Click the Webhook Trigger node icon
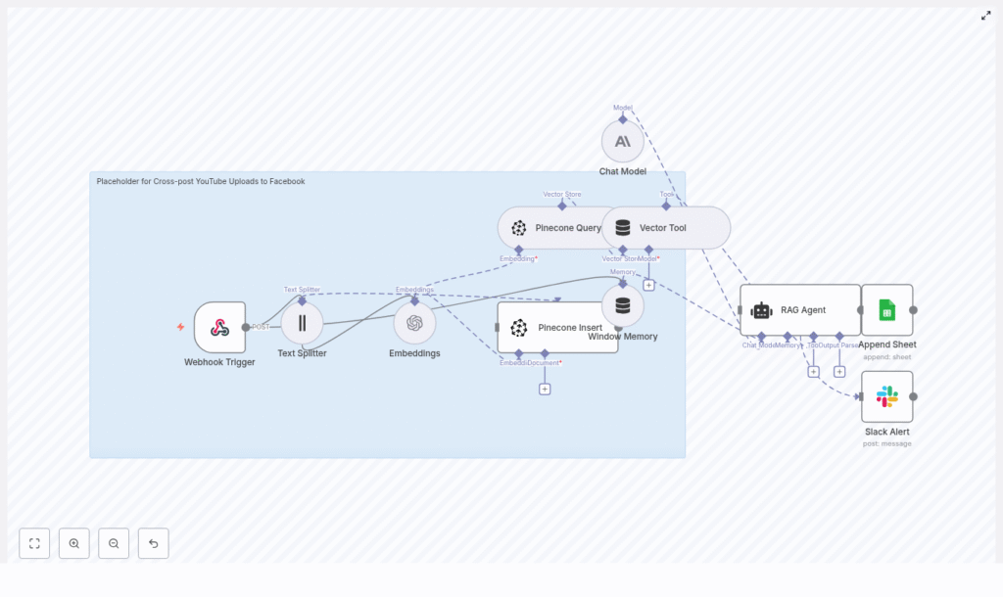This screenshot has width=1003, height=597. point(219,327)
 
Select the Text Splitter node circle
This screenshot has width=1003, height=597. point(302,323)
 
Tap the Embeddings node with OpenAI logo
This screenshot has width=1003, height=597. point(414,323)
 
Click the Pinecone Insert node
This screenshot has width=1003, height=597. point(557,327)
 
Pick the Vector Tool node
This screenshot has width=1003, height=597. point(666,228)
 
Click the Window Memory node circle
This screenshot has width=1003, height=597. point(623,305)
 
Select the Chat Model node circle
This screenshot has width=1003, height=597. point(623,141)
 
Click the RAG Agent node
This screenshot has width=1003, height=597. point(800,310)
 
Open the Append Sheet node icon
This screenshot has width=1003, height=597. point(886,310)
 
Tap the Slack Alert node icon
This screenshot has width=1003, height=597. point(886,396)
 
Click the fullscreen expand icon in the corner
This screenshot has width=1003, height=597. point(986,16)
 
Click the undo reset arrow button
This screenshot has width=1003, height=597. point(153,543)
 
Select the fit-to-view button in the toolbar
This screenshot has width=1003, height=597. point(34,543)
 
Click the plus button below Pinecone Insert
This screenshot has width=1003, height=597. point(545,389)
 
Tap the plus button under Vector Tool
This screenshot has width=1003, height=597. point(648,285)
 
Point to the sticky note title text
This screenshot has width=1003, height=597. point(201,181)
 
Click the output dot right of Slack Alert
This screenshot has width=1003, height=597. point(913,396)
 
